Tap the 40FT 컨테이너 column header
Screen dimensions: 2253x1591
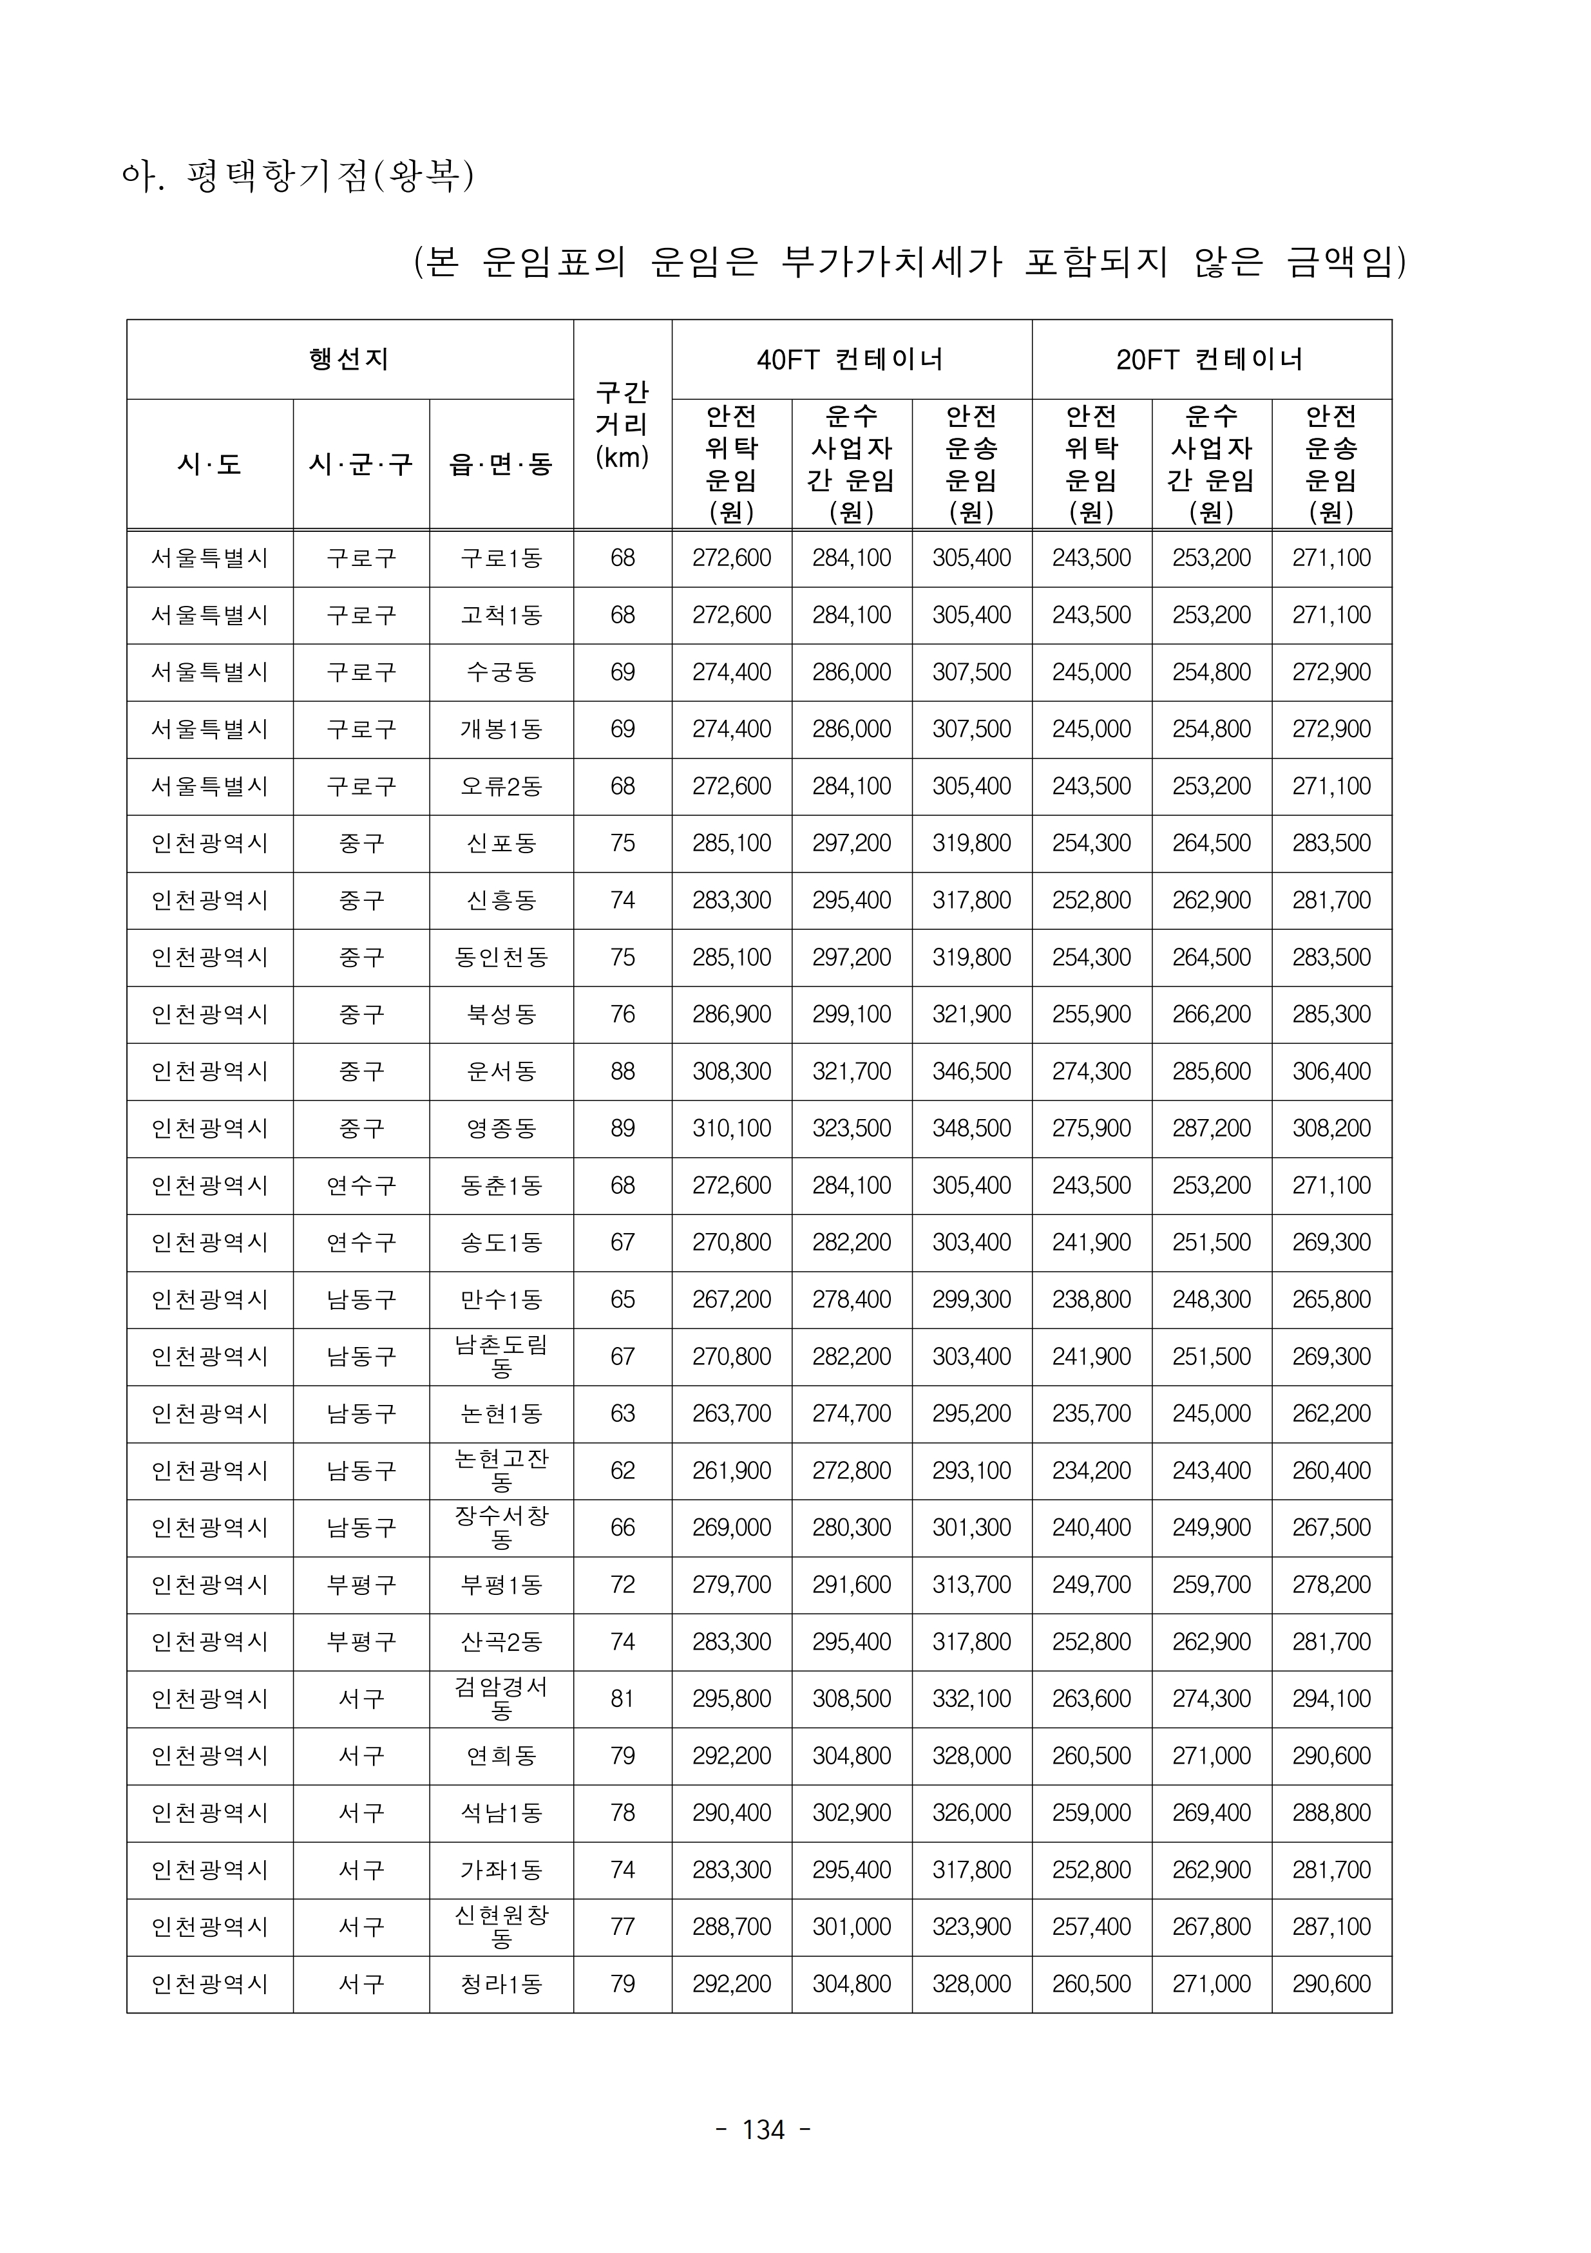(x=851, y=359)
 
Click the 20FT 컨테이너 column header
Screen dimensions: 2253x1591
(x=1210, y=359)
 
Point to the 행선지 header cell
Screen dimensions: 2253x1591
(x=349, y=359)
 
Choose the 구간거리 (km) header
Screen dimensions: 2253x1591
(x=622, y=425)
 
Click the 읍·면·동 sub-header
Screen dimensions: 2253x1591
(x=500, y=464)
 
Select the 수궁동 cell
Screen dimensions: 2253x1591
(x=500, y=672)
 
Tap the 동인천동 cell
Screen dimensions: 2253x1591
(x=500, y=957)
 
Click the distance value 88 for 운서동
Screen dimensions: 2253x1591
(x=622, y=1071)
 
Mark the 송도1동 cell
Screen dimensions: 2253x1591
(x=500, y=1242)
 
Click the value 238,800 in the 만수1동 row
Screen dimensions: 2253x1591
(x=1091, y=1299)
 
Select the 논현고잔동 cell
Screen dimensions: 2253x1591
(x=500, y=1470)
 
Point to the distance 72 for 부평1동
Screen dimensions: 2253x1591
(x=622, y=1584)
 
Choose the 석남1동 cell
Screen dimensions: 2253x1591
(x=500, y=1813)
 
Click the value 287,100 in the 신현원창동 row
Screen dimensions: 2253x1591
(x=1331, y=1927)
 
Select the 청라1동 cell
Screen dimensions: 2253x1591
(x=500, y=1983)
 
